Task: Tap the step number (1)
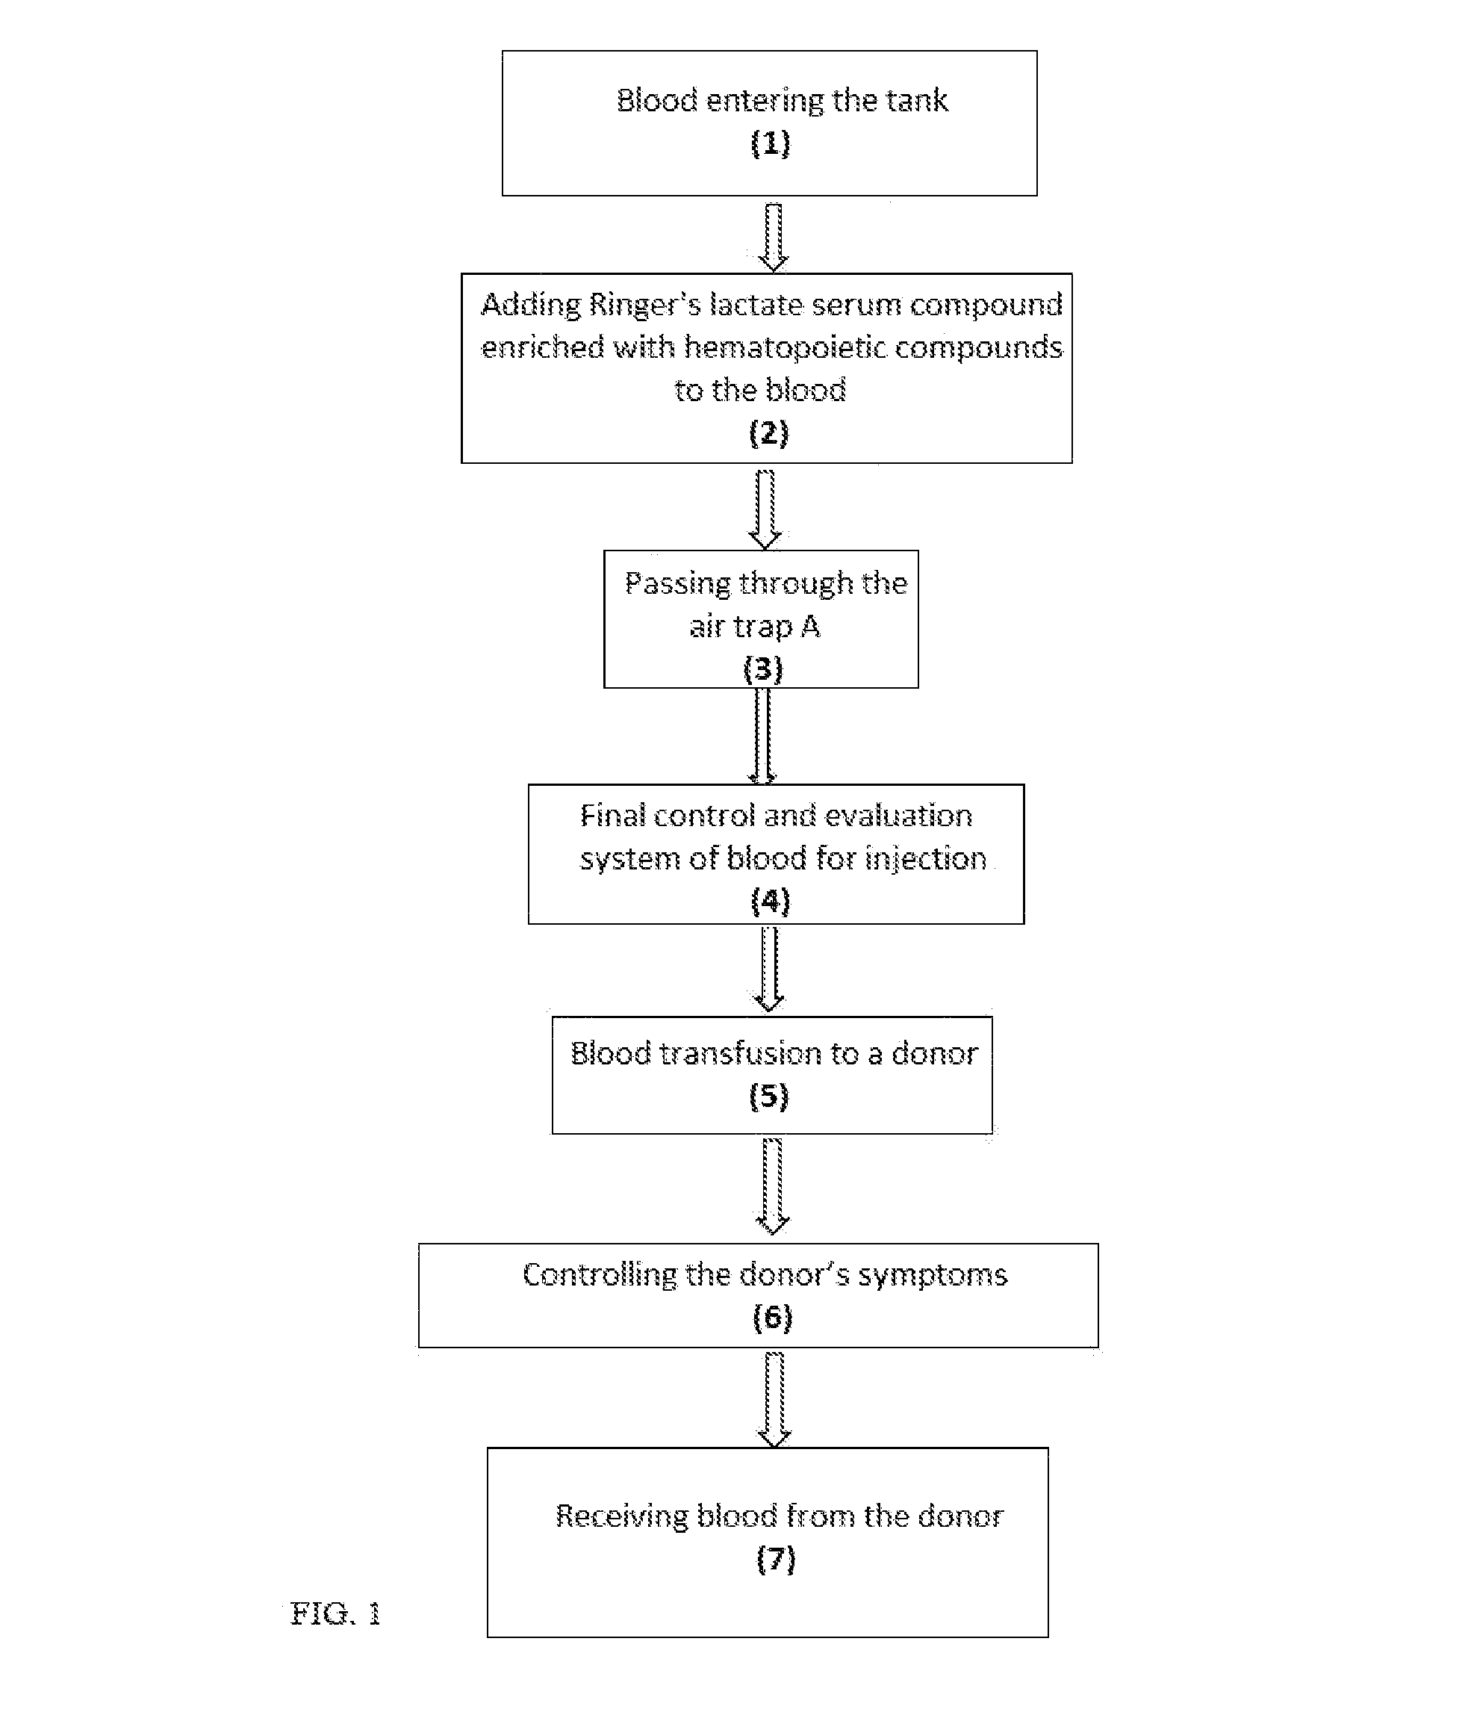point(770,143)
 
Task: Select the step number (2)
point(768,432)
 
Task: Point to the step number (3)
point(762,669)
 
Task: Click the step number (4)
point(770,901)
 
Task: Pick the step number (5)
point(768,1097)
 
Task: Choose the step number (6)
point(772,1318)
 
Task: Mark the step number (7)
point(776,1560)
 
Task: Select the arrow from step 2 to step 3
point(765,510)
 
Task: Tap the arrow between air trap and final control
point(762,737)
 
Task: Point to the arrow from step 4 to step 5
point(769,970)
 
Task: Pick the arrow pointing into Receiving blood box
point(774,1401)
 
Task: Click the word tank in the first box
point(916,101)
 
